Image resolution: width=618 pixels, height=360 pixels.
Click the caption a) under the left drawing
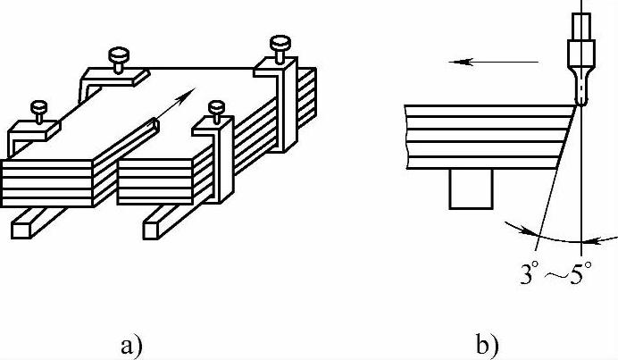point(132,342)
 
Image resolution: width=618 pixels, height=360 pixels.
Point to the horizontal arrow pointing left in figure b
point(491,62)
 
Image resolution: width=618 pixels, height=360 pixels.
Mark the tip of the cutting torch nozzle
point(580,104)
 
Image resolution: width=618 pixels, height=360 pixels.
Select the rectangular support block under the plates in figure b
point(471,189)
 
